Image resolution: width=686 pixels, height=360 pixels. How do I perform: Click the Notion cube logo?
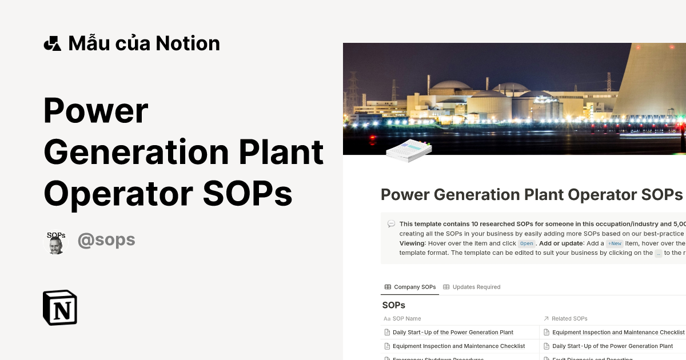tap(60, 307)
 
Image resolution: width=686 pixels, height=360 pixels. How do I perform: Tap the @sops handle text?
tap(106, 240)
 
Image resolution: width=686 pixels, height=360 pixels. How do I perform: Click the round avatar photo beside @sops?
tap(55, 243)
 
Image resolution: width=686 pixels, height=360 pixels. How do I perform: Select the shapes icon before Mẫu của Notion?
tap(52, 43)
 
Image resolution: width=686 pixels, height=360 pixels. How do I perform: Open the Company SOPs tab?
tap(410, 287)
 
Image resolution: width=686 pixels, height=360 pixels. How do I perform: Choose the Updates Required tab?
tap(472, 287)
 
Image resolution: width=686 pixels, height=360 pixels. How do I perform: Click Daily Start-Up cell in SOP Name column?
tap(453, 332)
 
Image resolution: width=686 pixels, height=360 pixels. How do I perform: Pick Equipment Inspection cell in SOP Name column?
tap(458, 346)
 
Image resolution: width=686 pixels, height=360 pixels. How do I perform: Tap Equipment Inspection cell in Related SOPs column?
tap(618, 332)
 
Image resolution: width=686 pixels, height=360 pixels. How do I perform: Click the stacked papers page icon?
tap(408, 150)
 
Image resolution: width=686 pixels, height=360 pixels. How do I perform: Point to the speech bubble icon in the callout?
tap(391, 224)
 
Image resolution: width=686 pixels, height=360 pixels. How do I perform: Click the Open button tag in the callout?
tap(527, 243)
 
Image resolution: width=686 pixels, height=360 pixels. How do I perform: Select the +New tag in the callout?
tap(615, 243)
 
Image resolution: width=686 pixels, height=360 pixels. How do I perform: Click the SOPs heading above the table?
tap(393, 305)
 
